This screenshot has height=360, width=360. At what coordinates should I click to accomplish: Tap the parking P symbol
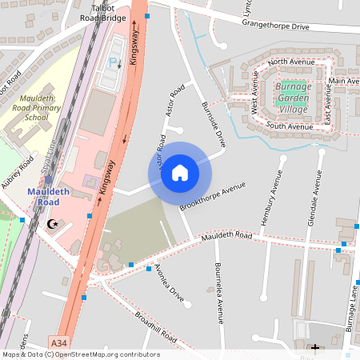(x=112, y=61)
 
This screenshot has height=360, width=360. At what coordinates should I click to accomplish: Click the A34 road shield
(x=58, y=342)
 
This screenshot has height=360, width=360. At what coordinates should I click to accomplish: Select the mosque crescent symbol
(x=54, y=225)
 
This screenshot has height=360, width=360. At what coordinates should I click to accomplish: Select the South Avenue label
(x=290, y=126)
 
